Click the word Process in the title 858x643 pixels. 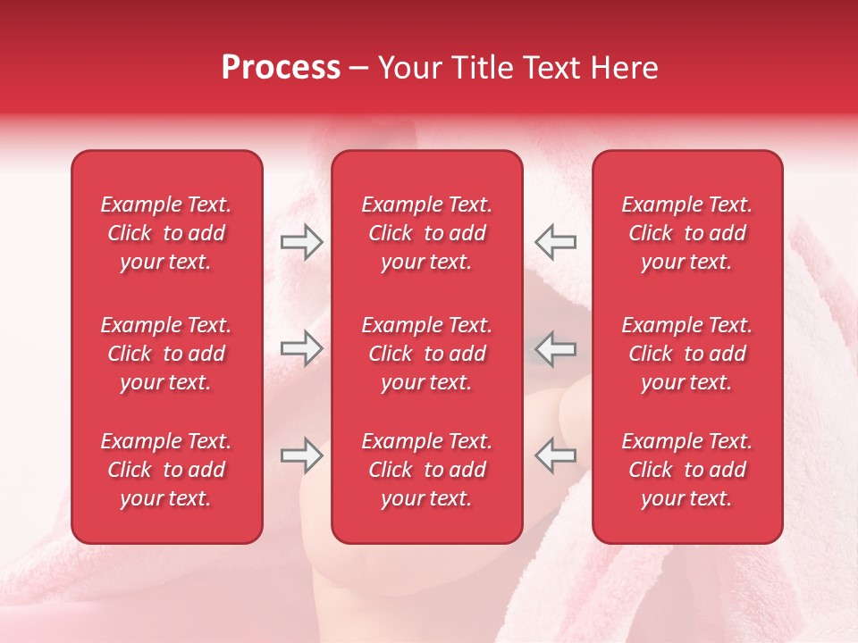click(x=281, y=69)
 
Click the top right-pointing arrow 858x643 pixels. click(x=301, y=242)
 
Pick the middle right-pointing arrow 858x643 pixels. click(x=301, y=348)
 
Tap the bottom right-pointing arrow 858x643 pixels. click(x=301, y=455)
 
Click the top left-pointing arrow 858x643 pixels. click(x=556, y=242)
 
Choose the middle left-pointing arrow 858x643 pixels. click(x=556, y=348)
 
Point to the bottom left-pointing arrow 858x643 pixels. click(x=556, y=455)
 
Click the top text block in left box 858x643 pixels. click(x=166, y=233)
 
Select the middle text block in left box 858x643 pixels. click(x=166, y=354)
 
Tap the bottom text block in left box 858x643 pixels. click(x=166, y=470)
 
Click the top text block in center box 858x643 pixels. click(x=427, y=233)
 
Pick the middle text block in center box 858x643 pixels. click(x=427, y=354)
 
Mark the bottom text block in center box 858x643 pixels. click(x=427, y=470)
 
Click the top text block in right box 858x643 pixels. click(x=687, y=233)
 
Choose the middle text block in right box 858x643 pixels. click(x=687, y=354)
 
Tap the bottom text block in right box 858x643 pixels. click(x=687, y=470)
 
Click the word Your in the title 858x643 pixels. click(x=410, y=69)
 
